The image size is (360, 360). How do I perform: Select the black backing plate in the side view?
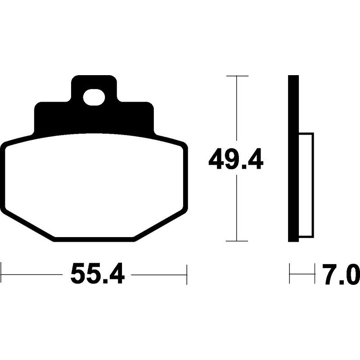click(293, 157)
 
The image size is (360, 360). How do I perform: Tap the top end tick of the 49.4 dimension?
click(237, 76)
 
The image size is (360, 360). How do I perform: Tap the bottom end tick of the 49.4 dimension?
click(237, 241)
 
